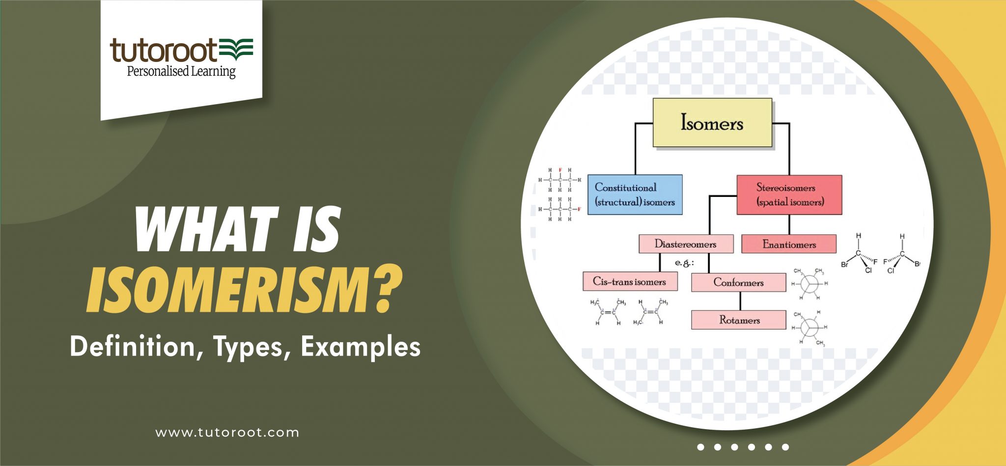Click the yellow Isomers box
[712, 123]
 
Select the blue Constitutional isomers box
[635, 194]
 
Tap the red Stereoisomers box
[789, 194]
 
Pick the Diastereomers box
[686, 244]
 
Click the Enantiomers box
[788, 244]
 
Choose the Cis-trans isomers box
[630, 281]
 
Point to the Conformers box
[738, 282]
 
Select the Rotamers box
[738, 320]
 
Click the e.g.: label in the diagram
[684, 263]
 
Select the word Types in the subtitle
[248, 347]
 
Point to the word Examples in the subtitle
[361, 347]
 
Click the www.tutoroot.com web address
[227, 433]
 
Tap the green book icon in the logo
[236, 49]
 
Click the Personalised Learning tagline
[181, 72]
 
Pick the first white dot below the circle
[701, 447]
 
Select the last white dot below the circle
[785, 447]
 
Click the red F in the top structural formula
[560, 170]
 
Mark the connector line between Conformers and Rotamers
[740, 301]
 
